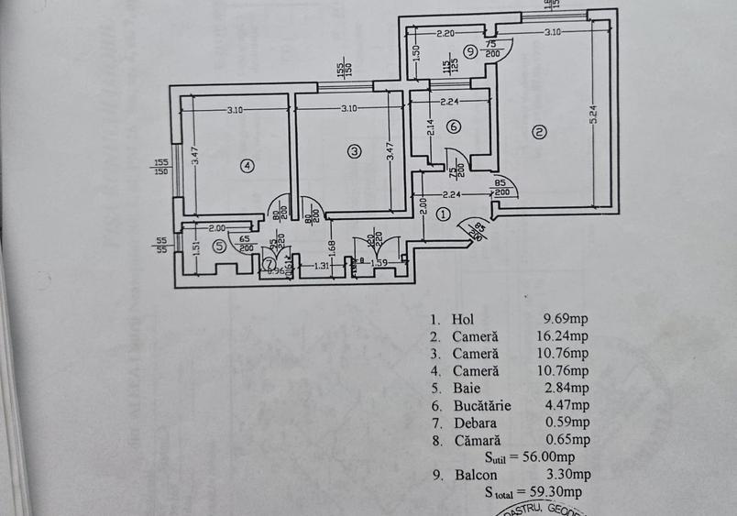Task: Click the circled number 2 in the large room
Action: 539,133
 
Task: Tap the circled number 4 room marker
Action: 246,165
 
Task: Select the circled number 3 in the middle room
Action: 354,151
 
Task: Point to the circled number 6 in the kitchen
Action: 454,126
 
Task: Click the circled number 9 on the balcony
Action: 469,52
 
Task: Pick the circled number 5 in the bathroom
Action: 218,246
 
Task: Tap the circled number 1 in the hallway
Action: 443,214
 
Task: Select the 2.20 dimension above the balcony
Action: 445,33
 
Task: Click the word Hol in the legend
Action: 463,319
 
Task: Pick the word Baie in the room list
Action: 466,388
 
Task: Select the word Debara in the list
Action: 475,423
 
